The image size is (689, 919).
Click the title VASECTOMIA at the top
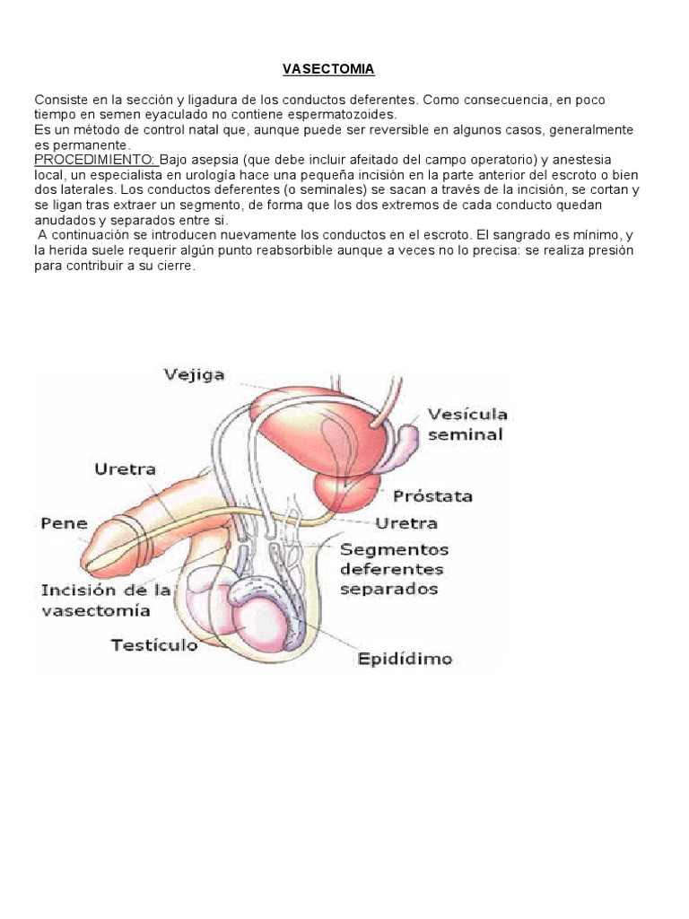click(x=328, y=69)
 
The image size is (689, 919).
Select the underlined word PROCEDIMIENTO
click(x=95, y=159)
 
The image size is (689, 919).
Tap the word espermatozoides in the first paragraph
click(x=346, y=114)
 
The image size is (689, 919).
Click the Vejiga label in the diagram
click(x=194, y=374)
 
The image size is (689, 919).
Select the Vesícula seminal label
click(x=467, y=424)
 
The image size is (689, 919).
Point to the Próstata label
click(x=432, y=495)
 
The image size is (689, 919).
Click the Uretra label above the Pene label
click(x=125, y=468)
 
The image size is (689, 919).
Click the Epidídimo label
click(x=405, y=658)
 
